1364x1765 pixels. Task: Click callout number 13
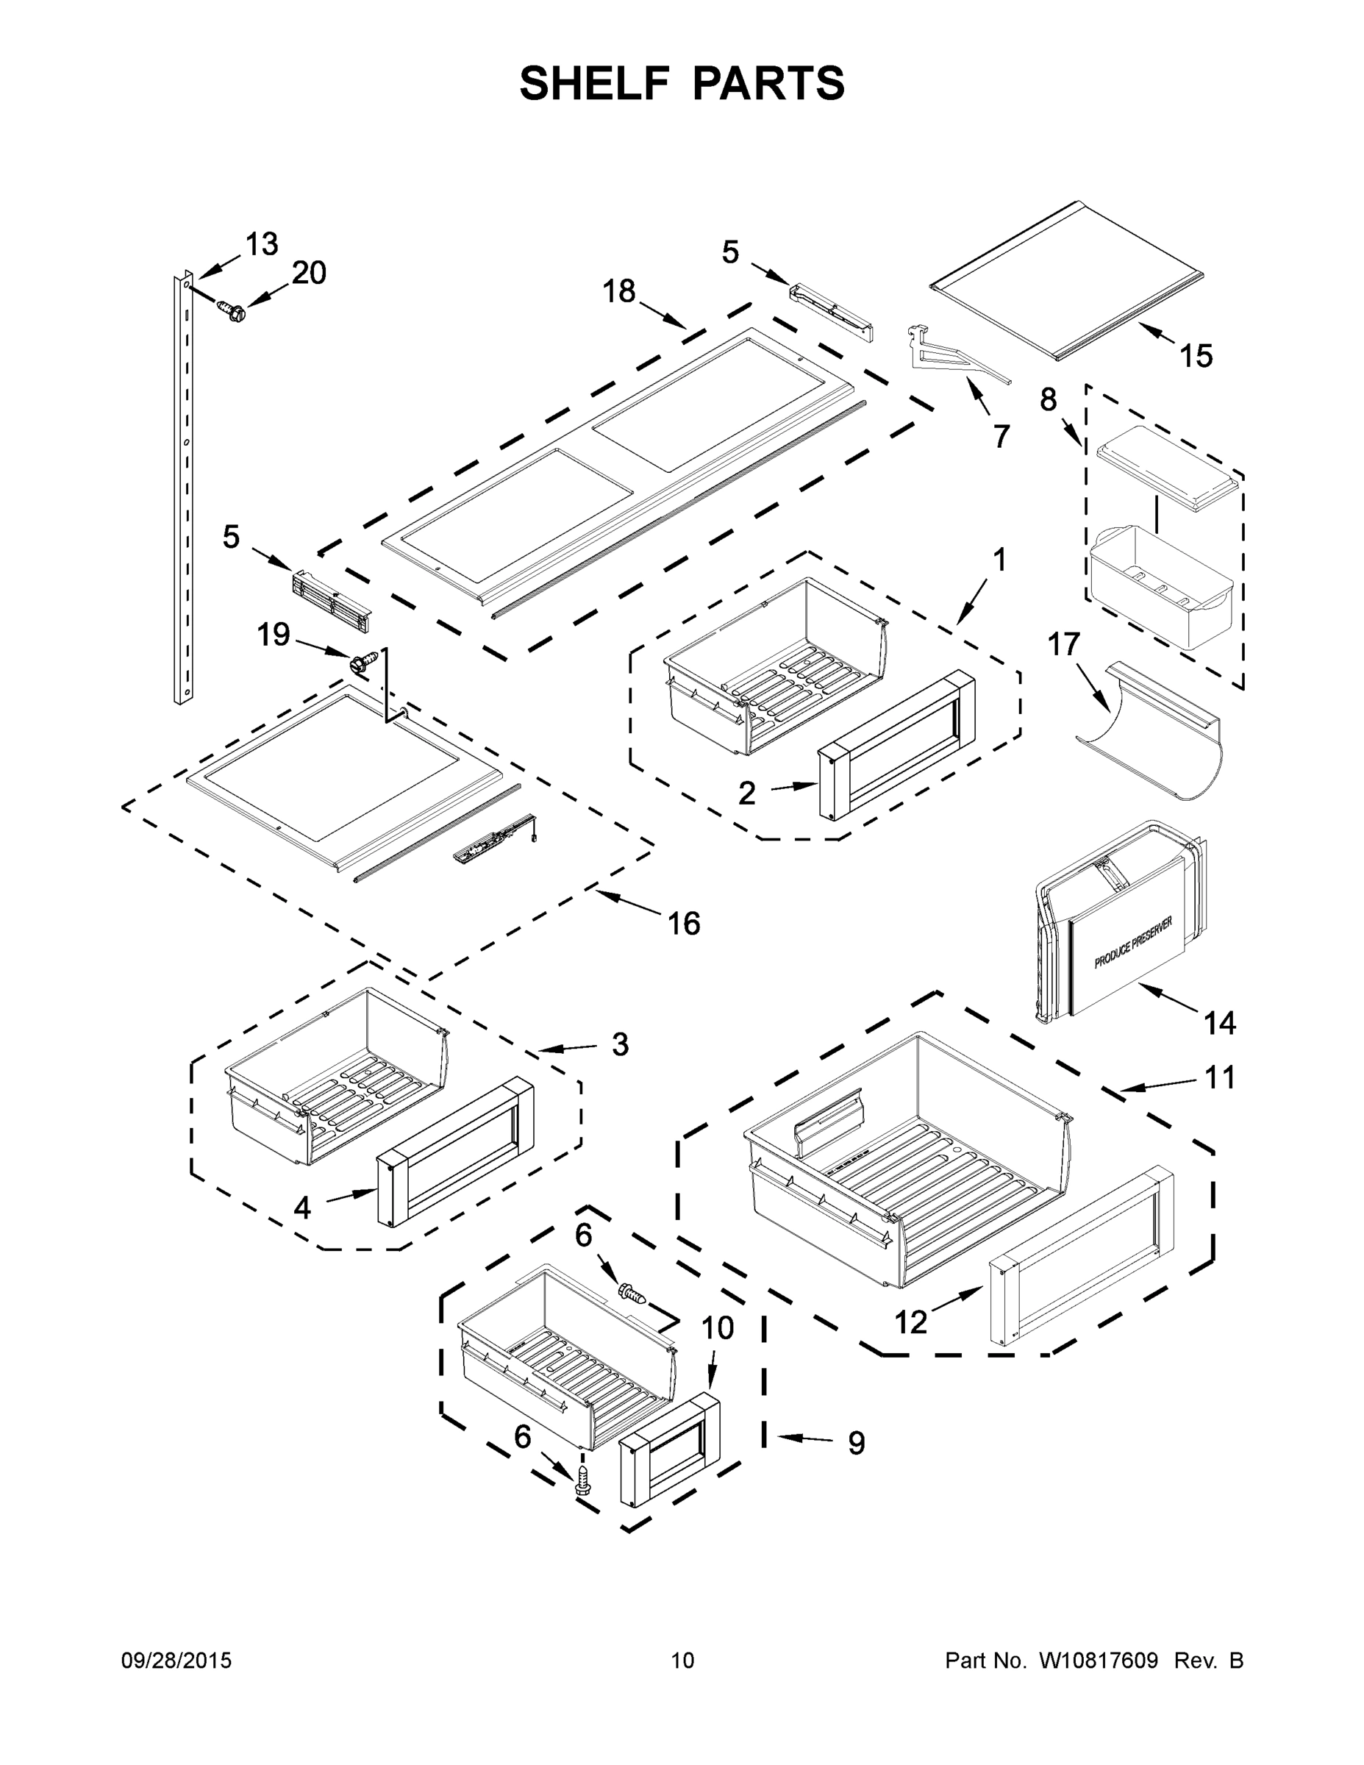261,244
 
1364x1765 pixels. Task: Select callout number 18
620,291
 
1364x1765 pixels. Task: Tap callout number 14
1219,1023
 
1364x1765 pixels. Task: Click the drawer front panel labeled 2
897,744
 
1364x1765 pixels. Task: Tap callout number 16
684,923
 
